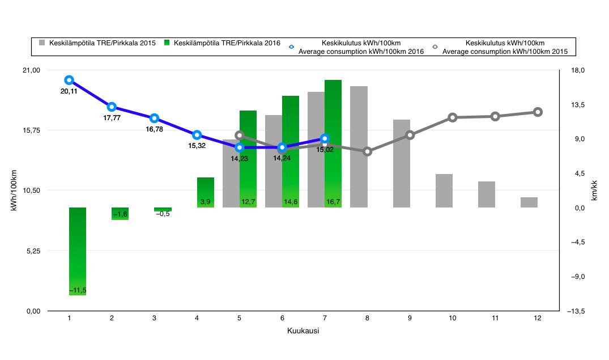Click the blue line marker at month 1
click(x=69, y=80)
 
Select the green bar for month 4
click(x=206, y=193)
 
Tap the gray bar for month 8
click(x=359, y=147)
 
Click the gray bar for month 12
click(x=529, y=202)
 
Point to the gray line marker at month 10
click(x=453, y=117)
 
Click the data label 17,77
click(x=112, y=118)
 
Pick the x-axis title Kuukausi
click(x=303, y=331)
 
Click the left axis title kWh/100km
click(x=14, y=190)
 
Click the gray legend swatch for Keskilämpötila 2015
click(x=41, y=43)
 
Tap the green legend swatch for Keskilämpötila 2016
click(x=167, y=43)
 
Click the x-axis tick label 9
click(x=410, y=319)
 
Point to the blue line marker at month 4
click(x=197, y=135)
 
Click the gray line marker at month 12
click(x=538, y=112)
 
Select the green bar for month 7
click(x=333, y=144)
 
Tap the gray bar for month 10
click(x=444, y=190)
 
